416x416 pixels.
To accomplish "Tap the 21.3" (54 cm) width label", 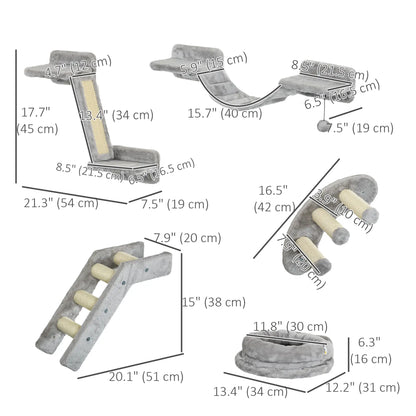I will coord(60,203).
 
